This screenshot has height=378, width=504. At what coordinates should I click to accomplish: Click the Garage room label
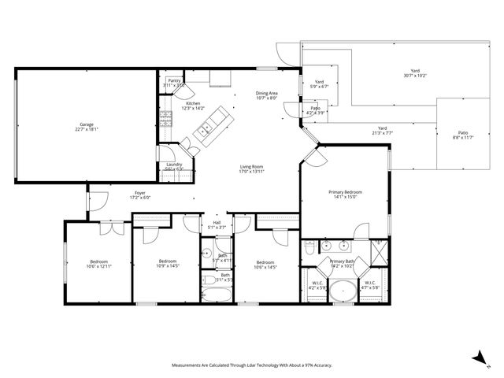[x=86, y=124]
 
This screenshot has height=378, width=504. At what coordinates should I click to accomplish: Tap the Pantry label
[x=174, y=80]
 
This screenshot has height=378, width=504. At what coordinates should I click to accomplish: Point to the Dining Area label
[x=267, y=94]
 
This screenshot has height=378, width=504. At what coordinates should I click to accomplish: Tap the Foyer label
[x=140, y=192]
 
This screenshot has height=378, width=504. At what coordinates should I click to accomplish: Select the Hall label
[x=217, y=222]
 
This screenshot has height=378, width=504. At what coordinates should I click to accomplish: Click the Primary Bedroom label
[x=345, y=191]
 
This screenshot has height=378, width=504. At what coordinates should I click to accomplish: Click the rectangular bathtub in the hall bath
[x=216, y=296]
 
